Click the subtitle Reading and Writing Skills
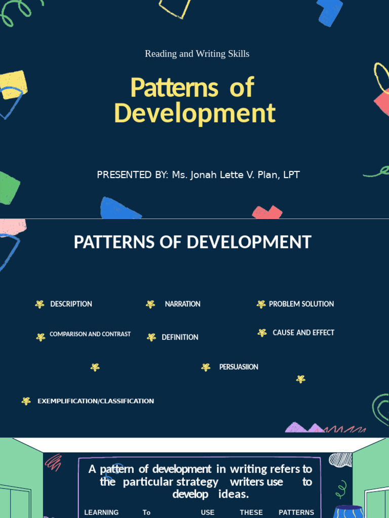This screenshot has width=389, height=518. click(x=197, y=54)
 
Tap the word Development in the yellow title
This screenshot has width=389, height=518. click(x=195, y=113)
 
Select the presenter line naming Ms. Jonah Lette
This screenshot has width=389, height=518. click(x=198, y=175)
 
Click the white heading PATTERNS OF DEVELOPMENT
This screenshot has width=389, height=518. click(x=192, y=242)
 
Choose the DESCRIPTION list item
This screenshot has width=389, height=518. click(x=71, y=304)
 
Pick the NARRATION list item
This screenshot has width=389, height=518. click(x=182, y=304)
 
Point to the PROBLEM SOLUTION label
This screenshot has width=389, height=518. click(x=301, y=304)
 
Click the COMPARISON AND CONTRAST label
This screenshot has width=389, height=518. click(x=90, y=334)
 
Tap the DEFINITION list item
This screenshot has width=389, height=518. click(x=180, y=337)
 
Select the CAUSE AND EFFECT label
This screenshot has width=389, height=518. click(x=303, y=333)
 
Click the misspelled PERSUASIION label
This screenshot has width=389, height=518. click(x=239, y=367)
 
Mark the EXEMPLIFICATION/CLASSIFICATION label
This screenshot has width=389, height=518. click(x=96, y=401)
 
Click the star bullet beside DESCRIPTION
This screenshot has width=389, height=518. click(x=40, y=304)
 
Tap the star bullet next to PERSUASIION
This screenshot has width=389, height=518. click(x=206, y=367)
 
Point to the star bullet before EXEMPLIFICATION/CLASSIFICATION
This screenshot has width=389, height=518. click(x=26, y=401)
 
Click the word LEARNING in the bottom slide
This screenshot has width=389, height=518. click(x=101, y=512)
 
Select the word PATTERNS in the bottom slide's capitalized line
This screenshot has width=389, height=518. click(x=296, y=512)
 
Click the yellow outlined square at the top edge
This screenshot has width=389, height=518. click(x=175, y=8)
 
